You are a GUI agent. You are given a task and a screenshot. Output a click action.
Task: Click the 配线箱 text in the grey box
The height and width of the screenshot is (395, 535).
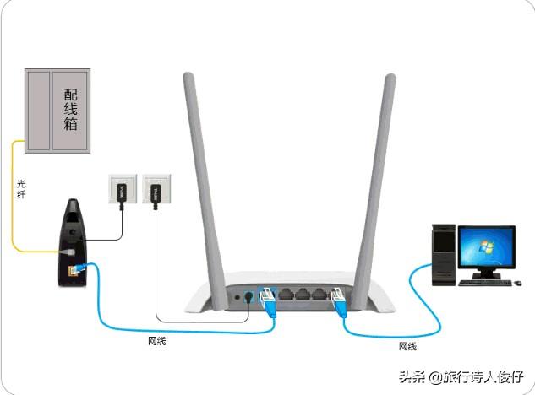tap(71, 111)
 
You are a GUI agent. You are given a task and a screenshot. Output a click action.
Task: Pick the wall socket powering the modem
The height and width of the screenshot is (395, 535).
tap(120, 192)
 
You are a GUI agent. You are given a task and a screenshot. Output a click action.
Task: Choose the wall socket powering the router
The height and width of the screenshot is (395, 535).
tap(155, 192)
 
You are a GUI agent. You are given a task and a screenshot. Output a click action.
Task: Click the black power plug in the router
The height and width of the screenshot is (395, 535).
tap(247, 297)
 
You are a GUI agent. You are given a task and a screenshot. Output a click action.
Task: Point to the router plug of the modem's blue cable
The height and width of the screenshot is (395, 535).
tap(268, 299)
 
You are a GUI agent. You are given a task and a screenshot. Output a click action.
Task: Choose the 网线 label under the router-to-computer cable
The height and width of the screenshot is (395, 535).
tap(407, 345)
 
